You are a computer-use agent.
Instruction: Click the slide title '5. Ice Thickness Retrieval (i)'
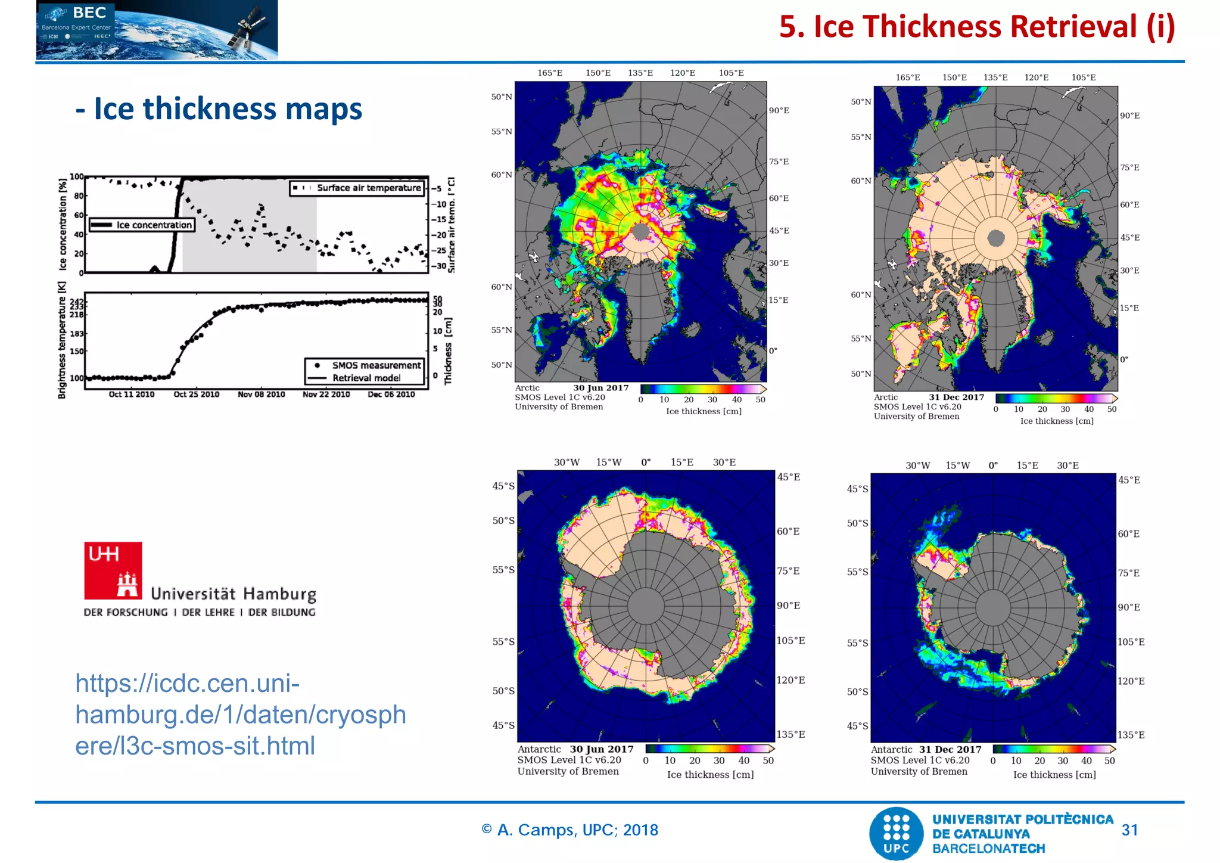point(976,27)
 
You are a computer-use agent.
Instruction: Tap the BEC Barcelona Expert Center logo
point(157,29)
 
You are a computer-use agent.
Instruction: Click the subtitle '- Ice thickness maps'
point(219,109)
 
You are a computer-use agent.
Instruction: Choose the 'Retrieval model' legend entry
point(366,378)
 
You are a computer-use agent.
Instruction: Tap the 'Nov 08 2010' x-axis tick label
point(261,395)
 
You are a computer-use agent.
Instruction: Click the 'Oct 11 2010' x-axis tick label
point(131,395)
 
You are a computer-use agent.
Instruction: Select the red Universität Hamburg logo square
point(113,570)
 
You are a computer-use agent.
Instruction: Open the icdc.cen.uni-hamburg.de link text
point(240,714)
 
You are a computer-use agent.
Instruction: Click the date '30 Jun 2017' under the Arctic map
point(600,388)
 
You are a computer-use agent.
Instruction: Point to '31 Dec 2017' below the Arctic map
point(956,398)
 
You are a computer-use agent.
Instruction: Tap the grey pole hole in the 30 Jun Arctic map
point(640,231)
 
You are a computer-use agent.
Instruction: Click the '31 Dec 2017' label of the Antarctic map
point(950,750)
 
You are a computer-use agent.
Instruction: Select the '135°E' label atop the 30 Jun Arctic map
point(640,73)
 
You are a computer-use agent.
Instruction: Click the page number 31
point(1129,830)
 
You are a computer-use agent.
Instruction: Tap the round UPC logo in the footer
point(897,833)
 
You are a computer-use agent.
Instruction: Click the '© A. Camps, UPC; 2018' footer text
point(569,830)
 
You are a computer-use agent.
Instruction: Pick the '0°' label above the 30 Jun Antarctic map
point(646,462)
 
